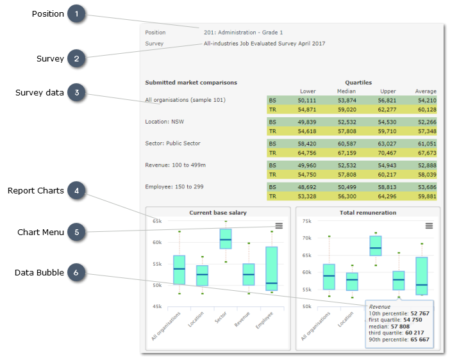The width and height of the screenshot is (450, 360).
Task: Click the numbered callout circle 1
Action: click(x=77, y=14)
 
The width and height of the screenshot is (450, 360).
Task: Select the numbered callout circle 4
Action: click(x=77, y=191)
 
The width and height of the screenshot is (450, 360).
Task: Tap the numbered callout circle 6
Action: click(x=77, y=273)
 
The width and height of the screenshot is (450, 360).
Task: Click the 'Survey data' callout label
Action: click(x=40, y=93)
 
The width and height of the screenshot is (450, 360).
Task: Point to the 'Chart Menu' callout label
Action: click(x=41, y=232)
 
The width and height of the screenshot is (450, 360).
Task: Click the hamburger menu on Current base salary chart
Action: click(x=279, y=225)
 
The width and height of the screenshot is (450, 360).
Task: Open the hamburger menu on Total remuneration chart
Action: click(x=429, y=225)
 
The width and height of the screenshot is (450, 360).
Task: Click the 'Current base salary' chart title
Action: click(x=218, y=212)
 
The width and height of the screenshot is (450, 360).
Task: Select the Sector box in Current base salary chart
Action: click(x=226, y=238)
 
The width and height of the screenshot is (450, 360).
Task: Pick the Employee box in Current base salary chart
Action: click(x=272, y=268)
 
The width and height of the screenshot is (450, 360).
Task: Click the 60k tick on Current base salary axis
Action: click(x=156, y=242)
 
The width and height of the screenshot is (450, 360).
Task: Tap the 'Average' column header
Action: click(x=425, y=91)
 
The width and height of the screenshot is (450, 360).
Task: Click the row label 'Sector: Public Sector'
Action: click(x=173, y=143)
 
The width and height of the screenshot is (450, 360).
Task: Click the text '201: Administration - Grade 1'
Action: click(x=243, y=32)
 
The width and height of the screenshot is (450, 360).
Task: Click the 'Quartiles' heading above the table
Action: click(x=358, y=83)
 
